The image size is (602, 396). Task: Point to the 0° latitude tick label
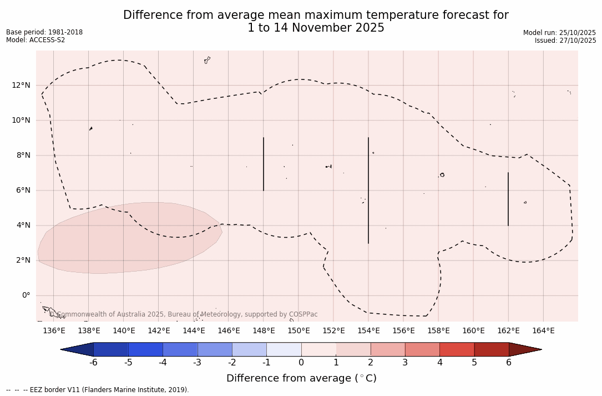(26, 295)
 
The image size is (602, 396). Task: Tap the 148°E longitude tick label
(264, 331)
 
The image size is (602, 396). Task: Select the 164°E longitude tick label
(543, 331)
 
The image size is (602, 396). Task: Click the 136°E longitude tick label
(54, 331)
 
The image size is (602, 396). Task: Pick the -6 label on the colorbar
(94, 363)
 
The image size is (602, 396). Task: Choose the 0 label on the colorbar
(301, 363)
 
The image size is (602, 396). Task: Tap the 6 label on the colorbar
(509, 363)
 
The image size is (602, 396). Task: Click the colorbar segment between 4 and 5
(457, 349)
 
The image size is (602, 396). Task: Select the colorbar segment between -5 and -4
(145, 349)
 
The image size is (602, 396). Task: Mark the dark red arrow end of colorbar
(524, 349)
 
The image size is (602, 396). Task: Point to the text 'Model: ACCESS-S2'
(36, 40)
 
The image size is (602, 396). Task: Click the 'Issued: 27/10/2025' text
(565, 41)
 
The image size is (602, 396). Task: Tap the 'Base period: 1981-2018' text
(44, 32)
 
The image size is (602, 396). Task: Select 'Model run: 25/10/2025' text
(559, 33)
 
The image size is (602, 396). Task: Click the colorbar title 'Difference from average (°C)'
(301, 378)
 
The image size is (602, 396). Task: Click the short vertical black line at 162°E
(508, 199)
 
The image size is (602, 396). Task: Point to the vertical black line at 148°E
(264, 164)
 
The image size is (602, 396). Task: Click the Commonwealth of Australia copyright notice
(183, 314)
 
